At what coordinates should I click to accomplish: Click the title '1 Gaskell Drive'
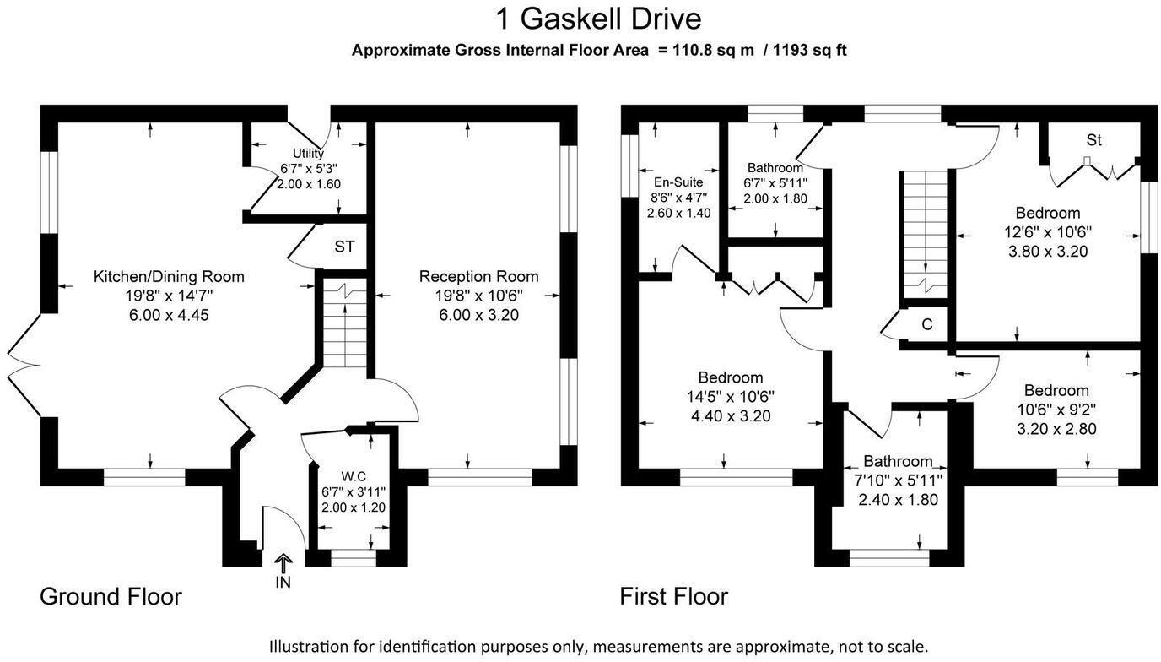point(598,18)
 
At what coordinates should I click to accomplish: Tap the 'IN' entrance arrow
point(283,564)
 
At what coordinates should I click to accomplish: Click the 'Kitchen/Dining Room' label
point(169,276)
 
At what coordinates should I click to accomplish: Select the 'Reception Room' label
point(478,276)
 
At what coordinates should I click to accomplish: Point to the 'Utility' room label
point(308,153)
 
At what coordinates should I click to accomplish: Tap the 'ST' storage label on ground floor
point(344,247)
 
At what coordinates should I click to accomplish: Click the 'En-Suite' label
point(678,182)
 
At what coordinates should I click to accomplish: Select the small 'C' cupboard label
point(926,323)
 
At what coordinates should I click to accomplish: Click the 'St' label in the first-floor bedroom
point(1093,140)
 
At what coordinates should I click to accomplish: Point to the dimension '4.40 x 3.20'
point(730,415)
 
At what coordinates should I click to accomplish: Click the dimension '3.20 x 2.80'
point(1056,428)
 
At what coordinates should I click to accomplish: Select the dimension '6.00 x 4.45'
point(169,315)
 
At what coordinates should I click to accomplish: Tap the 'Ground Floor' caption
point(111,597)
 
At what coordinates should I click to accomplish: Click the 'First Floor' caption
point(673,597)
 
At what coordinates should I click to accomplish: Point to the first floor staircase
point(926,232)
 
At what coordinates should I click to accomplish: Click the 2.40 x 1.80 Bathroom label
point(898,461)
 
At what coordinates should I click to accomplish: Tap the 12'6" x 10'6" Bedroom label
point(1047,213)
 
